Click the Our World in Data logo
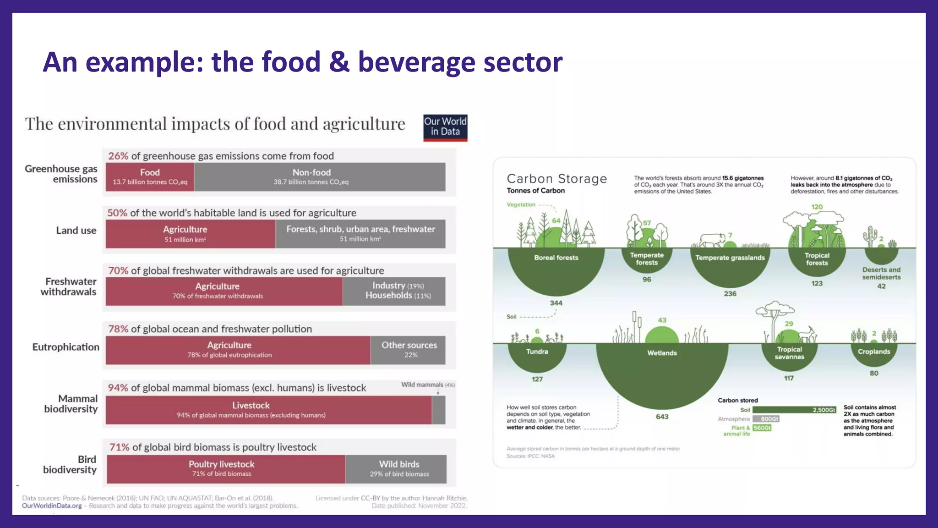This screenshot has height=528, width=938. pos(445,127)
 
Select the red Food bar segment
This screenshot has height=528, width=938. pos(150,177)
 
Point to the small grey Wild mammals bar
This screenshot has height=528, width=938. pos(438,410)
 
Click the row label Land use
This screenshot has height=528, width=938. pos(76,231)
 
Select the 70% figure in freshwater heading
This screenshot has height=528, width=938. pos(118,270)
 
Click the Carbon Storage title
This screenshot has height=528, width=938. pos(556,179)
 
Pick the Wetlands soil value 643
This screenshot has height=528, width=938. pos(662,417)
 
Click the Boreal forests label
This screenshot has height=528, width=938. pos(556,258)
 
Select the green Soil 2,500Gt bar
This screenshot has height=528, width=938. pos(794,410)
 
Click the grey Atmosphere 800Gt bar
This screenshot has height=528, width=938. pos(766,419)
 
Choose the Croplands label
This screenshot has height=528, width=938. pos(874,352)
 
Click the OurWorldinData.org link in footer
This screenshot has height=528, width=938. pos(52,506)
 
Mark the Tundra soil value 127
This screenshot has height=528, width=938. pos(537,379)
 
